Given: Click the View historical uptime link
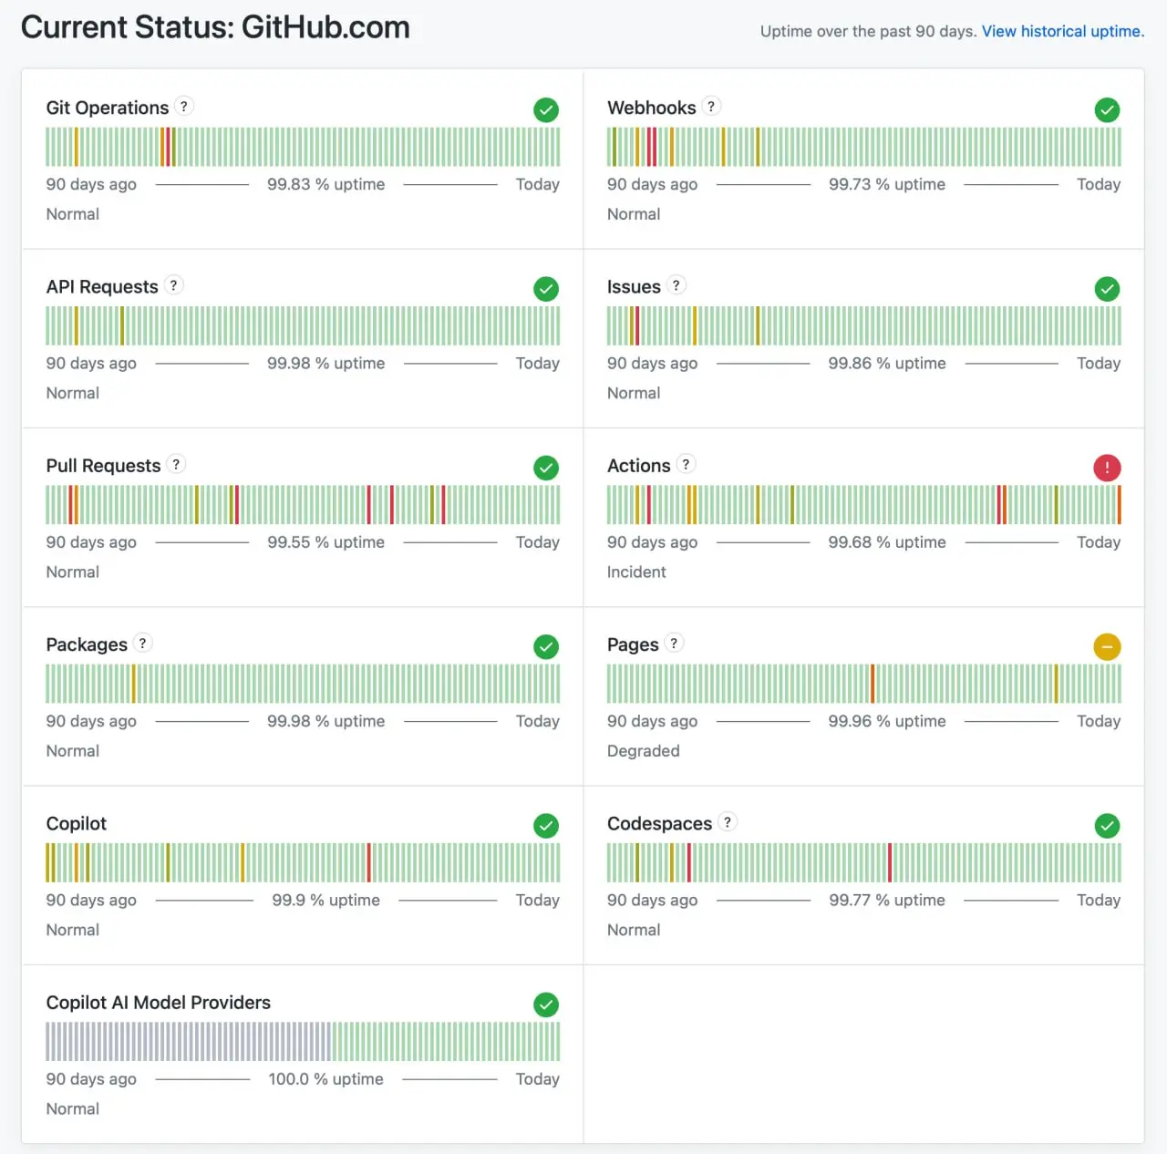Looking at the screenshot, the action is (1062, 32).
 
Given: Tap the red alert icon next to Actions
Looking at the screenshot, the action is (1107, 468).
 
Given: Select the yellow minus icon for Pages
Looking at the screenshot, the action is (1107, 646).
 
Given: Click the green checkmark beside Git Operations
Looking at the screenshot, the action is (545, 109).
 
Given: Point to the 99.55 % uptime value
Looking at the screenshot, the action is (325, 542).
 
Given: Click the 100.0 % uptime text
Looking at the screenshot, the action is (325, 1079).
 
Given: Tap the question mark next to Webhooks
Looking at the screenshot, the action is (711, 107).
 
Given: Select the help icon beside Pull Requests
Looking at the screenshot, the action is (176, 465).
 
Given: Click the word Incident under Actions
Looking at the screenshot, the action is (635, 572).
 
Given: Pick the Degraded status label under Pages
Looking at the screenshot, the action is (643, 750).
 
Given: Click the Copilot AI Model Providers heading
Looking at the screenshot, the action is (158, 1003).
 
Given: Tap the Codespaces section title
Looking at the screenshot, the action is (659, 824).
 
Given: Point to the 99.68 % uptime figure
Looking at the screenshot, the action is (886, 542).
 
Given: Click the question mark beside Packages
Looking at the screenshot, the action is (142, 644).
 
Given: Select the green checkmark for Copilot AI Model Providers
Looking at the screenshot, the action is (545, 1005).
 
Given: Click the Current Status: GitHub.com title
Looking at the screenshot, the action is (215, 28).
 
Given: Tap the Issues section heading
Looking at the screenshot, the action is (634, 286).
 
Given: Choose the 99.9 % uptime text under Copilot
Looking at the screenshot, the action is (325, 901).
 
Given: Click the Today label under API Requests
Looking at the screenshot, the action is (537, 364).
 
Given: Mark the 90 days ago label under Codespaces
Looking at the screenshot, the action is (652, 901).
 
